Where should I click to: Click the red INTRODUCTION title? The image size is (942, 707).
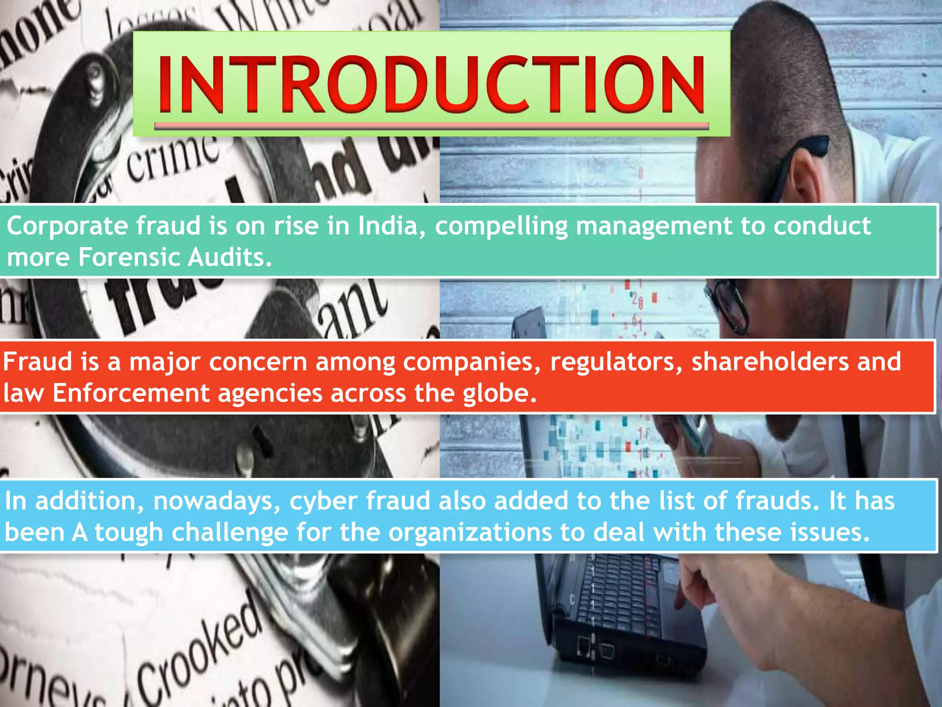pos(431,85)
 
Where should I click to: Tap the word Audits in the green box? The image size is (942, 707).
pos(230,257)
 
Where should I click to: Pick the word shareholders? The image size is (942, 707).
pos(770,361)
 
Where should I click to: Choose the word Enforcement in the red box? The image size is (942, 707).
pos(131,393)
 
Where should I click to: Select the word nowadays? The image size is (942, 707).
pos(217,501)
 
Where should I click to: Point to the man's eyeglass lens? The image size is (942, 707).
pos(731,308)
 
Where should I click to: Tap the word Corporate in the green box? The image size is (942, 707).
pos(67,226)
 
